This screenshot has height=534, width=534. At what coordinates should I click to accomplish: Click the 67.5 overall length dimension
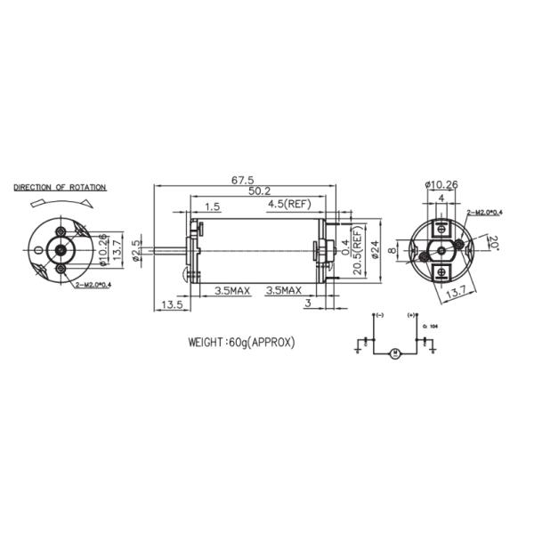tap(242, 180)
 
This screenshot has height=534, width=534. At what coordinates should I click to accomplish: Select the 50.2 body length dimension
tap(260, 191)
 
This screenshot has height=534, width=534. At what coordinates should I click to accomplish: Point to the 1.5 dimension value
tap(212, 206)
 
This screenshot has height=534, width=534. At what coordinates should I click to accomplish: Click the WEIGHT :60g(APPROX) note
tap(240, 342)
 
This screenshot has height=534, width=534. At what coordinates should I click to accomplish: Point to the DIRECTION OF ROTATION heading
tap(60, 188)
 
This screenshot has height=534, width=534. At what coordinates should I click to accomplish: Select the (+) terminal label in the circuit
tap(411, 316)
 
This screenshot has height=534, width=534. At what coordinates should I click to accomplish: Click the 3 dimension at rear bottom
tap(306, 304)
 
